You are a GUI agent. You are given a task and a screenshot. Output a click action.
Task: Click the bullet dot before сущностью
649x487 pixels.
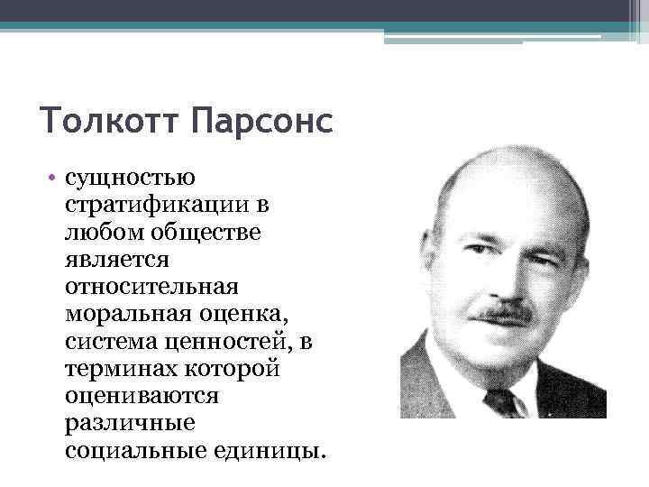[x=54, y=180]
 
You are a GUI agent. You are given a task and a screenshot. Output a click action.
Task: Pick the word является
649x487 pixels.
[x=114, y=262]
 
